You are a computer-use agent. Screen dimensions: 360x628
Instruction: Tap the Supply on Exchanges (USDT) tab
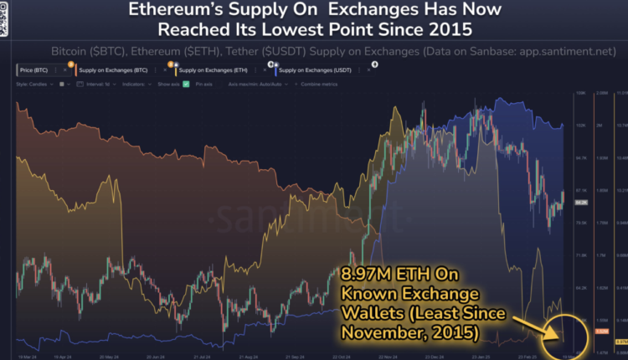[311, 71]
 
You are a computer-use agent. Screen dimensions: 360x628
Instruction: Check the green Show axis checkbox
[188, 84]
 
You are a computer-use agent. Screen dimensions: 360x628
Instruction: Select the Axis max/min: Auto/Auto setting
[255, 84]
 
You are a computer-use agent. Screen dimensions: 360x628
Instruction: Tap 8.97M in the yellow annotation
[367, 273]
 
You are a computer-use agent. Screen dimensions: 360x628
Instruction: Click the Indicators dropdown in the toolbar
[139, 84]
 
